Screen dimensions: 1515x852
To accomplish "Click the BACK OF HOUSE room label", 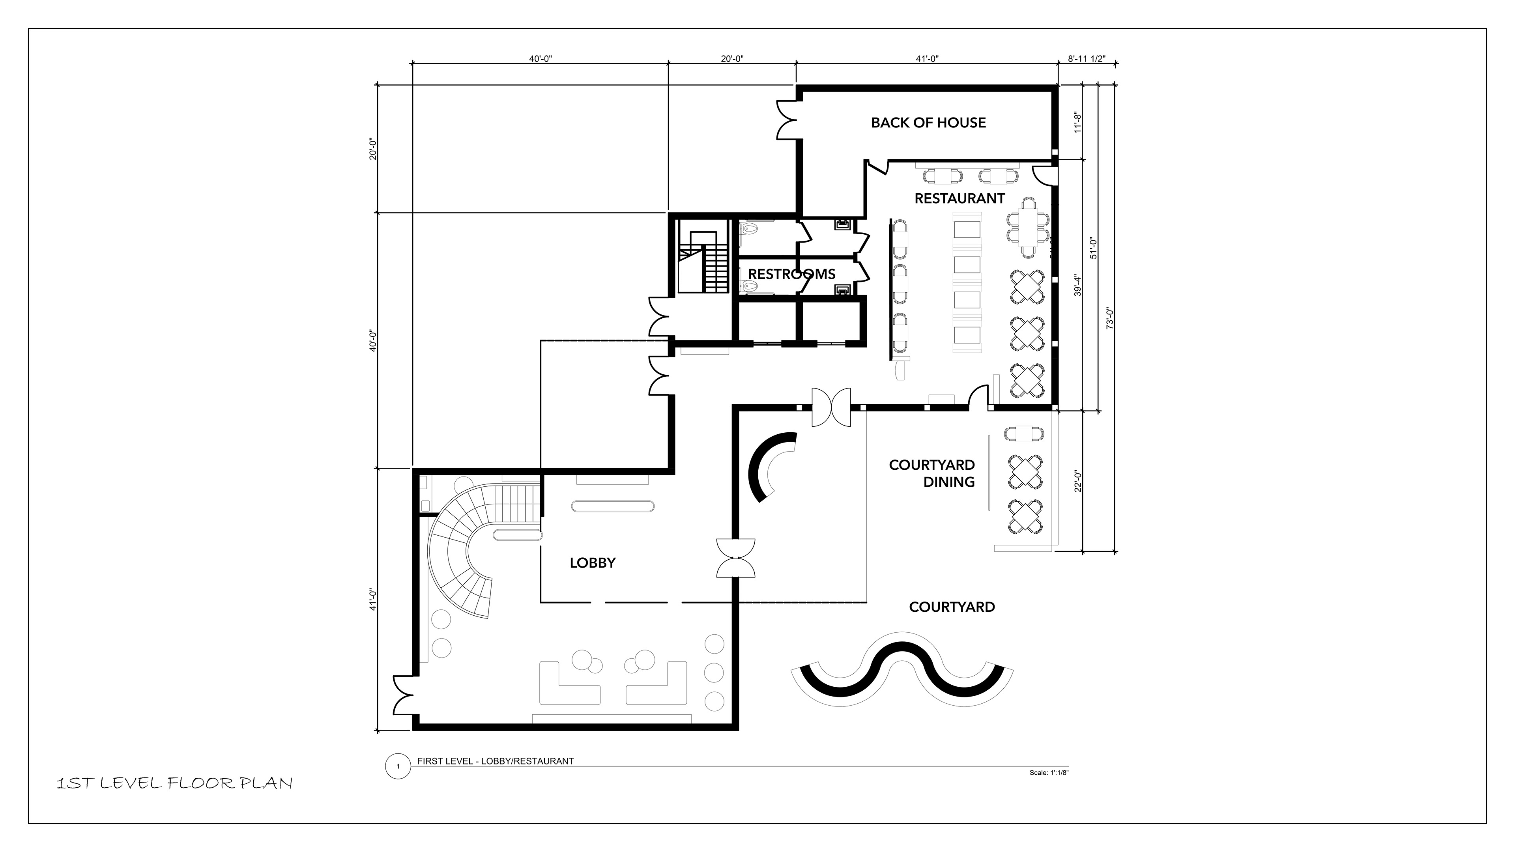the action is coord(928,123).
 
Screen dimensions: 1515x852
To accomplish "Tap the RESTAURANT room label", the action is coord(959,199).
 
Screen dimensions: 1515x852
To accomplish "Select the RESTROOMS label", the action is coord(791,274).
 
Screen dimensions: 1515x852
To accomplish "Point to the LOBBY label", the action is coord(592,563).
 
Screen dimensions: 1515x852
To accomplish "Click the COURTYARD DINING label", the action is coord(931,473).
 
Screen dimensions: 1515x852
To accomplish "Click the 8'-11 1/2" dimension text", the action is coord(1087,59).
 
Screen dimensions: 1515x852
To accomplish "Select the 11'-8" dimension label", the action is coord(1078,122).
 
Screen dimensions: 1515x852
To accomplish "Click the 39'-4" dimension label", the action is coord(1077,284).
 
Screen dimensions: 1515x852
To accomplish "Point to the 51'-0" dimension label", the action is coord(1093,248).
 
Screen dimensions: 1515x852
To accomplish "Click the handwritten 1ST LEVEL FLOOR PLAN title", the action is coord(174,783).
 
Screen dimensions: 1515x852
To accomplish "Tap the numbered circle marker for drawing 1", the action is coord(398,766).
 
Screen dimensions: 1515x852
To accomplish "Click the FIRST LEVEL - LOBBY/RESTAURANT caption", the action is coord(495,761).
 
